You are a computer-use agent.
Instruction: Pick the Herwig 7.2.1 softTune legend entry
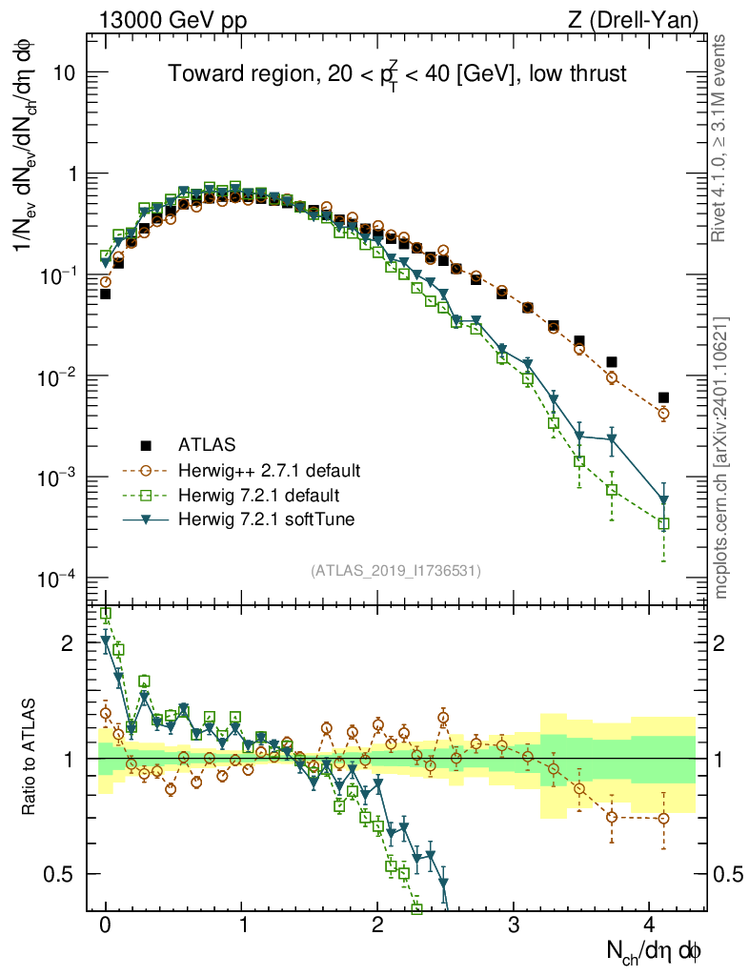click(x=273, y=519)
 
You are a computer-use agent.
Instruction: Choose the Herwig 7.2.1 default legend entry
click(x=259, y=495)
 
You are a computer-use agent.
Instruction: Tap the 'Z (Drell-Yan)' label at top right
click(x=644, y=19)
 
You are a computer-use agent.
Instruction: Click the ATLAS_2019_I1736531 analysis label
click(x=395, y=571)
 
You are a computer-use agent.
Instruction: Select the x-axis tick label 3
click(x=514, y=925)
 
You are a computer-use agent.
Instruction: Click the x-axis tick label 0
click(x=106, y=925)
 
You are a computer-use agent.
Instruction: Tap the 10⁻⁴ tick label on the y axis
click(x=59, y=579)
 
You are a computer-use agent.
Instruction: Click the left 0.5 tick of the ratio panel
click(x=67, y=874)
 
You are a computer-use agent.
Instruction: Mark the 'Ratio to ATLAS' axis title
click(x=30, y=758)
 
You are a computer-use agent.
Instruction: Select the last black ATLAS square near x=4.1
click(x=663, y=397)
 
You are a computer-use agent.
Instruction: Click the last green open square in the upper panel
click(x=663, y=523)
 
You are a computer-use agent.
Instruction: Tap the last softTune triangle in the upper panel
click(x=663, y=500)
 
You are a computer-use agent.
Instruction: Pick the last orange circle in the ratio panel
click(x=663, y=818)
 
